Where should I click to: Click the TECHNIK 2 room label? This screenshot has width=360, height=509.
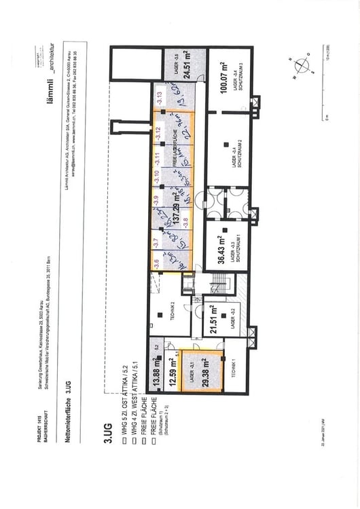pos(173,307)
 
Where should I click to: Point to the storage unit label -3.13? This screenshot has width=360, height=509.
pos(158,96)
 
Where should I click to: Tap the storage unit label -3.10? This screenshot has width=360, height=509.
pos(156,175)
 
